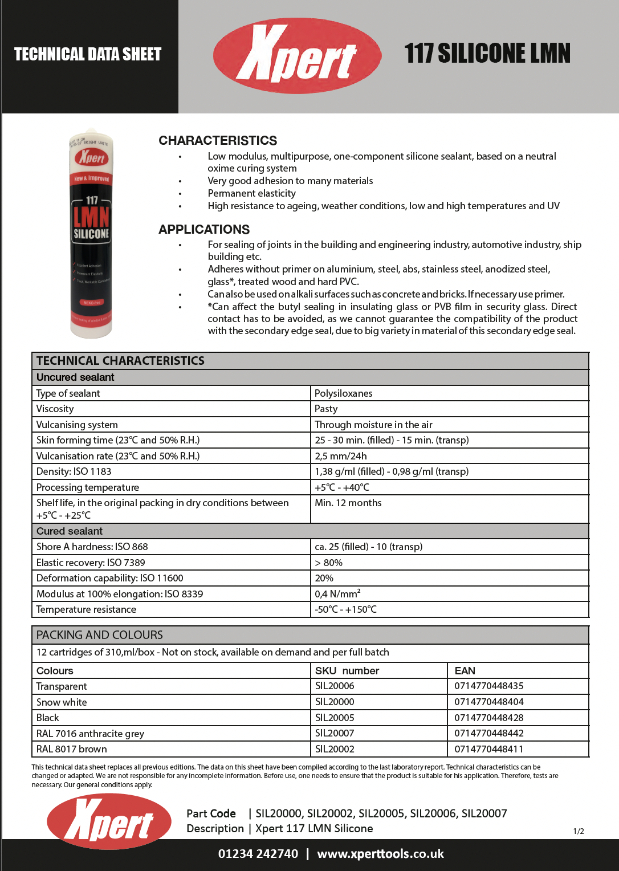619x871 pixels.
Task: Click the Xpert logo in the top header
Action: pyautogui.click(x=297, y=55)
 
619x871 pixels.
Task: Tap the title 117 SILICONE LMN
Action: pyautogui.click(x=487, y=53)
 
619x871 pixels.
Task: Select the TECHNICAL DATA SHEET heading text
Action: pyautogui.click(x=88, y=54)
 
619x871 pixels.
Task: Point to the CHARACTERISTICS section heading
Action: pyautogui.click(x=218, y=141)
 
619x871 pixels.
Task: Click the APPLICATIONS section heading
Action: pyautogui.click(x=204, y=230)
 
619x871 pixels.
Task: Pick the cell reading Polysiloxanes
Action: pyautogui.click(x=343, y=393)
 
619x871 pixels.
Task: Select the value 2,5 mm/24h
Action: pyautogui.click(x=341, y=456)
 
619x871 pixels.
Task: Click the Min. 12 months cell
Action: pyautogui.click(x=348, y=503)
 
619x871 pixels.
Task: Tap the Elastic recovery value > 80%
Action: pyautogui.click(x=329, y=563)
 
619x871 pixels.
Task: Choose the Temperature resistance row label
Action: pyautogui.click(x=86, y=609)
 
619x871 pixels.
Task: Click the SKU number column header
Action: pyautogui.click(x=347, y=671)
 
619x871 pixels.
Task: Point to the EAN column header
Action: pyautogui.click(x=465, y=671)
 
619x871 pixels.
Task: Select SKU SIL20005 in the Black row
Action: pyautogui.click(x=335, y=718)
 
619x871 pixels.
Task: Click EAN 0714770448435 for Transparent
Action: pyautogui.click(x=489, y=686)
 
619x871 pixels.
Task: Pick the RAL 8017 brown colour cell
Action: pyautogui.click(x=72, y=749)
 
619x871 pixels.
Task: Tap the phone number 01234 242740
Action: pyautogui.click(x=258, y=854)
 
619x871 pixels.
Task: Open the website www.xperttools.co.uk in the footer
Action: pyautogui.click(x=380, y=854)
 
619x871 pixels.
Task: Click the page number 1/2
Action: pyautogui.click(x=579, y=831)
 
